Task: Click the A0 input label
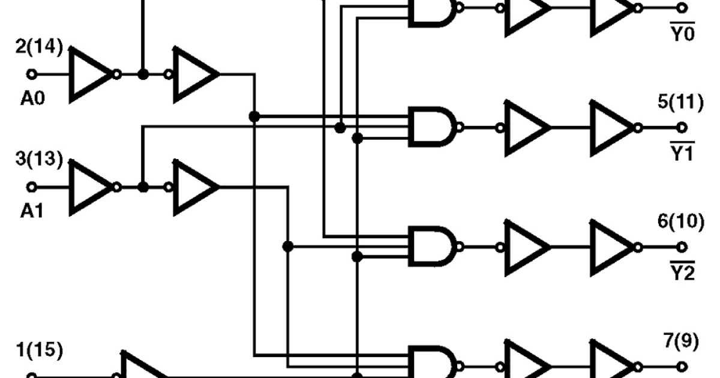pyautogui.click(x=32, y=98)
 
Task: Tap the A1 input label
pyautogui.click(x=32, y=211)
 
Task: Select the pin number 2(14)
pyautogui.click(x=38, y=47)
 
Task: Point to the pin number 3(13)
pyautogui.click(x=38, y=160)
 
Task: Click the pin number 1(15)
pyautogui.click(x=38, y=350)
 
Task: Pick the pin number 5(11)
pyautogui.click(x=680, y=102)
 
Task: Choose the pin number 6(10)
pyautogui.click(x=680, y=221)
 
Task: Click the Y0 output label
pyautogui.click(x=682, y=34)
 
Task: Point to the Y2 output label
pyautogui.click(x=682, y=273)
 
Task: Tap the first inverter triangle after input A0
pyautogui.click(x=91, y=74)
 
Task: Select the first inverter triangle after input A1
pyautogui.click(x=91, y=187)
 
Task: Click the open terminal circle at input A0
pyautogui.click(x=32, y=74)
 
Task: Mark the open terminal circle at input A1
pyautogui.click(x=32, y=187)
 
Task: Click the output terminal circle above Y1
pyautogui.click(x=682, y=127)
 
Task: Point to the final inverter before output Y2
pyautogui.click(x=612, y=247)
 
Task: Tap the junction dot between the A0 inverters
pyautogui.click(x=143, y=74)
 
